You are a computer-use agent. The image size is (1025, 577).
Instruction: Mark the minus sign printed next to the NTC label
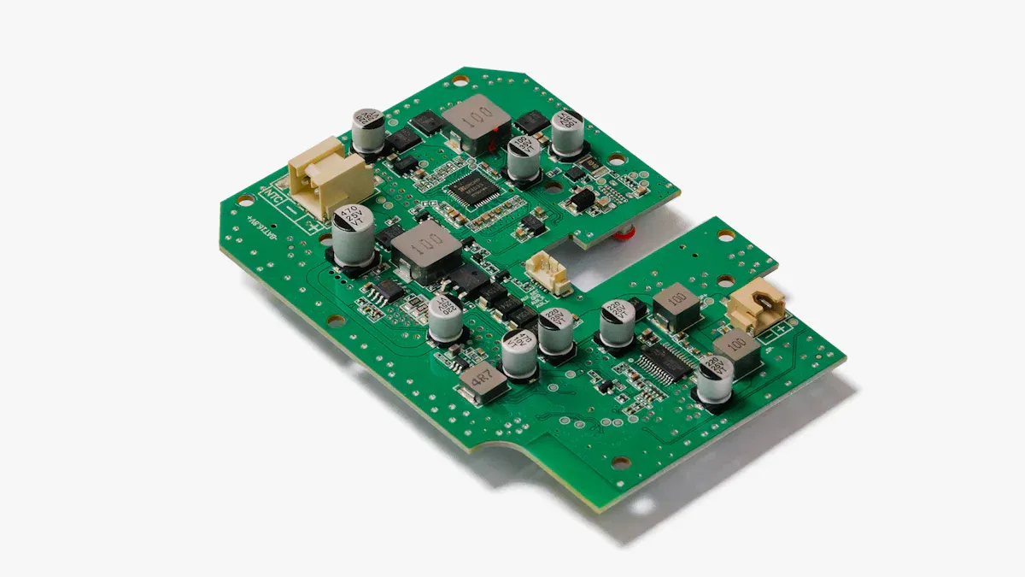293,210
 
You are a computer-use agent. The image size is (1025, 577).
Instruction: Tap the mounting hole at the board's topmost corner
460,82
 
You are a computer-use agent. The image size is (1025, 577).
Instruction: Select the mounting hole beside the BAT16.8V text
245,202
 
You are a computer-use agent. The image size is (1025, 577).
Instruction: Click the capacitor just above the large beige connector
368,130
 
